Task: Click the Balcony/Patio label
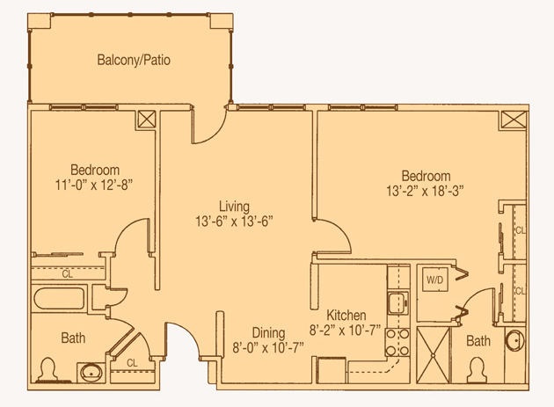tap(134, 60)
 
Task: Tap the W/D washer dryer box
tap(434, 280)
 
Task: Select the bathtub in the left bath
tap(60, 298)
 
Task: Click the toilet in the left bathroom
tap(48, 369)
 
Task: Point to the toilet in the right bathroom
tap(477, 369)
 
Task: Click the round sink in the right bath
tap(514, 340)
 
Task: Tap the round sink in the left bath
tap(91, 373)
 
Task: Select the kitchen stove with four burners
tap(397, 342)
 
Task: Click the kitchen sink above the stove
tap(398, 302)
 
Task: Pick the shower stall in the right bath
tap(434, 355)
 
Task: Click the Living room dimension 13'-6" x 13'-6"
tap(234, 222)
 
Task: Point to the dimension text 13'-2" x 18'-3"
tap(425, 191)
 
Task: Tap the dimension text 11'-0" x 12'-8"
tap(93, 185)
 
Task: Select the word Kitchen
tap(346, 315)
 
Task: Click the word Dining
tap(268, 333)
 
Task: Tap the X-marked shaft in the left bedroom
tap(146, 120)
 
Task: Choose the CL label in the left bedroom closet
tap(68, 274)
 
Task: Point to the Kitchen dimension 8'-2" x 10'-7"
tap(346, 331)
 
